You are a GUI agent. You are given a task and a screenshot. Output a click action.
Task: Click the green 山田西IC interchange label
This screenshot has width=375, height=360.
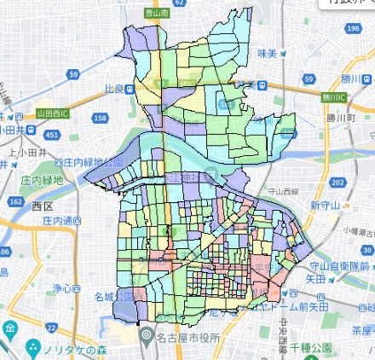(x=53, y=112)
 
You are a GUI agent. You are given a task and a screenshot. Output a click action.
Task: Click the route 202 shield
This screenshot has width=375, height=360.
(x=337, y=183)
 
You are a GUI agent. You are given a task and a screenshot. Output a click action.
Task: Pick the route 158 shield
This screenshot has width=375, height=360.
(x=100, y=118)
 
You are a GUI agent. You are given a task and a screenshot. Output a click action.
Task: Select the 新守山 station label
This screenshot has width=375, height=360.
(x=326, y=206)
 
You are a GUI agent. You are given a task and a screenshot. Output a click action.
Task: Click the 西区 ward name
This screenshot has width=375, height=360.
(x=43, y=206)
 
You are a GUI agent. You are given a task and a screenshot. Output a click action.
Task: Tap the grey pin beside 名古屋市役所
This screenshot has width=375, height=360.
(x=146, y=334)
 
